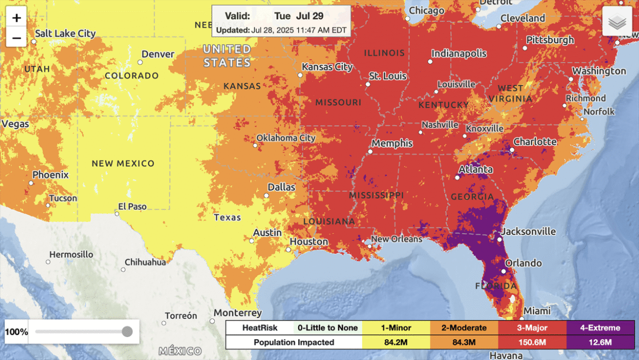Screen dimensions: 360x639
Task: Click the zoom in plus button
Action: coord(16,18)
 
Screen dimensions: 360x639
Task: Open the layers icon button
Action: coord(617,22)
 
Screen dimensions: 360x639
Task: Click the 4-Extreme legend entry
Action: coord(600,328)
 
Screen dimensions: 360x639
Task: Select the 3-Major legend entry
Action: coord(532,328)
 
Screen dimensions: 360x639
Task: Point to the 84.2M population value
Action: coord(395,343)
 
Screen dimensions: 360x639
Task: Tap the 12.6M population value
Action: coord(600,343)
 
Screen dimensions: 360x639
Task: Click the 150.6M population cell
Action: coord(532,343)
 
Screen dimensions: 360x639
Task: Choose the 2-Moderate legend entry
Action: coord(464,328)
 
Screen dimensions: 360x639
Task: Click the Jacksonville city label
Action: coord(529,231)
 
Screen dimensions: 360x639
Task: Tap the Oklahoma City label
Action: coord(286,138)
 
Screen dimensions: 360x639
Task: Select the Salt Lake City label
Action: coord(65,33)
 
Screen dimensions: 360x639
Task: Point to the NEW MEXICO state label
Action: coord(123,163)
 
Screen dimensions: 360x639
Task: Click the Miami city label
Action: coord(537,311)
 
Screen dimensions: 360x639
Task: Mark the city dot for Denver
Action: coord(140,62)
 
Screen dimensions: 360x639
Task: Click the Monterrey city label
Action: coord(238,313)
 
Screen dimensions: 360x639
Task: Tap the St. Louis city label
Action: coord(388,76)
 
